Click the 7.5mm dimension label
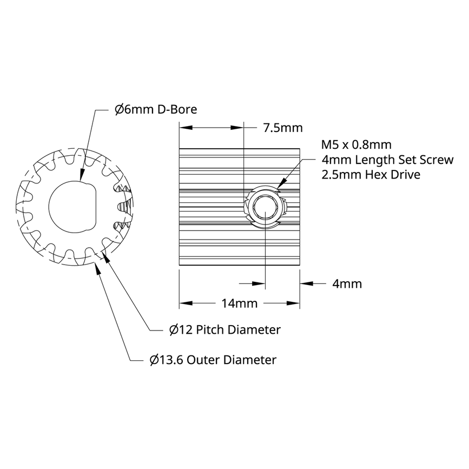282,128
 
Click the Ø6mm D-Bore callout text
155,109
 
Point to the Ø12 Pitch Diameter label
224,329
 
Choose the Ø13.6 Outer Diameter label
213,360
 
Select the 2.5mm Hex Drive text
371,175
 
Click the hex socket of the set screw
266,207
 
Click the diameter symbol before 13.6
154,360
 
